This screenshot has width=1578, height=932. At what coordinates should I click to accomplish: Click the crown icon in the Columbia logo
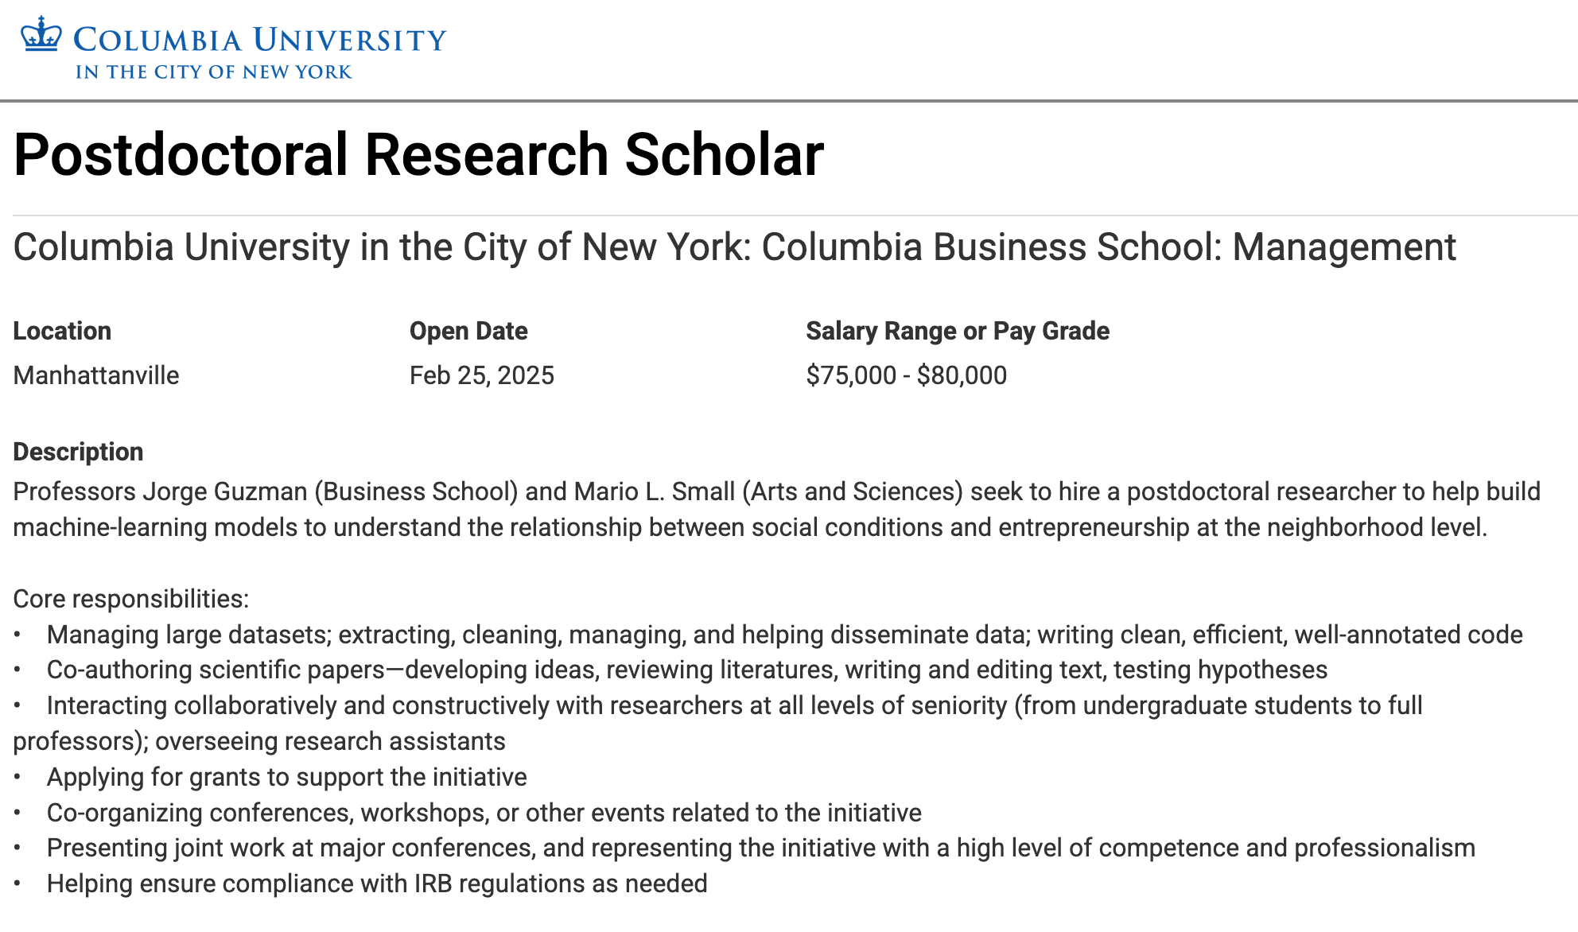click(x=41, y=35)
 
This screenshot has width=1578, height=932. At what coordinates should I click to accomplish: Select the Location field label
click(x=62, y=331)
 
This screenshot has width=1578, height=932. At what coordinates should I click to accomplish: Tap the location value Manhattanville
click(x=96, y=375)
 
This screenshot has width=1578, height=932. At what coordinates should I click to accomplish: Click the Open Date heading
click(x=468, y=331)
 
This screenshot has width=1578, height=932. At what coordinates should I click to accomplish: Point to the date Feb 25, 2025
click(x=482, y=375)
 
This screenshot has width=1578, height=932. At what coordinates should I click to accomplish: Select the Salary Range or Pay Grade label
click(x=958, y=331)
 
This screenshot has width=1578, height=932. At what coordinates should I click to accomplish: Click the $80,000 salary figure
click(x=962, y=375)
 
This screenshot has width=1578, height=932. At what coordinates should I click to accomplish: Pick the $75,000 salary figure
click(x=851, y=375)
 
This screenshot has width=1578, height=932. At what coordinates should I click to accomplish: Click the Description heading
click(x=78, y=452)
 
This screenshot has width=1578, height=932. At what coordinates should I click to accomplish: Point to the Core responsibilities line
click(x=131, y=599)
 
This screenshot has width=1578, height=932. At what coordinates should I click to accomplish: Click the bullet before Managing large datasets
click(x=17, y=635)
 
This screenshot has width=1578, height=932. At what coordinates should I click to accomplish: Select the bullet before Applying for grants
click(x=17, y=777)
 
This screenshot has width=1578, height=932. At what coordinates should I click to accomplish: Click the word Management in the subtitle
click(x=1344, y=247)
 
